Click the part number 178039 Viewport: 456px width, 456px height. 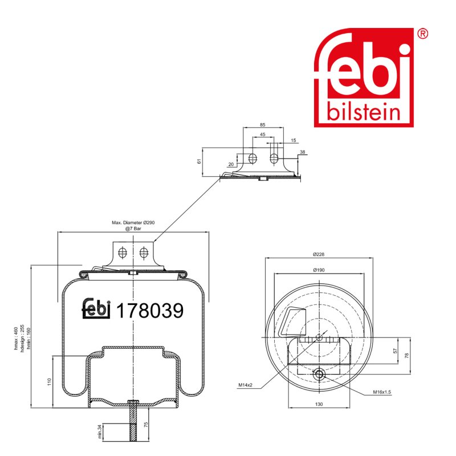(150, 310)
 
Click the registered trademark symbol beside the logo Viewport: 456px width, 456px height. (422, 34)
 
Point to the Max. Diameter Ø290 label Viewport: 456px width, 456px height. (133, 222)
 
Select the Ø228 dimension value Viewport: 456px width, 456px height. (319, 254)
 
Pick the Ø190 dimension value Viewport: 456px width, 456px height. (319, 270)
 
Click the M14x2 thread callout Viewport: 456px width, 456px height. (246, 385)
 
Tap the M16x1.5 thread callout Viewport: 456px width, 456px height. (382, 392)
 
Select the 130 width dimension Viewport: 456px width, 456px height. (319, 404)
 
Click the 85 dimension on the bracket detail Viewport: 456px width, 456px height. (263, 125)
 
